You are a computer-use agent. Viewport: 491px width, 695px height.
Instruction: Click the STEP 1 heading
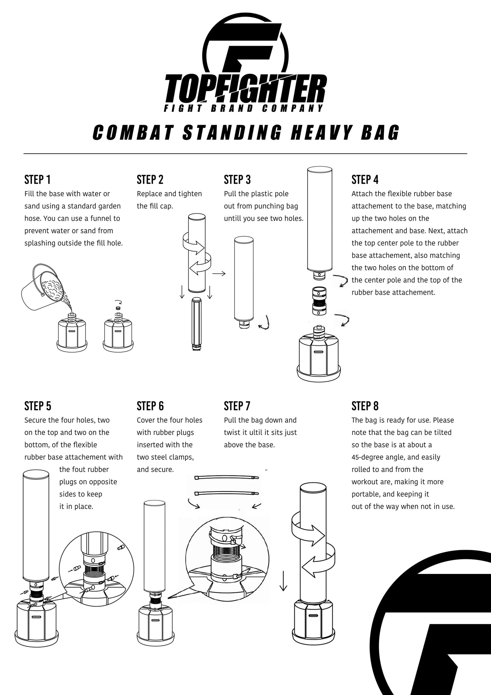(37, 179)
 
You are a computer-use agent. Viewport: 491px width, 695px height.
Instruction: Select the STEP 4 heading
(365, 179)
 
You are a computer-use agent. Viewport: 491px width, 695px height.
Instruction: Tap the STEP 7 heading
(237, 406)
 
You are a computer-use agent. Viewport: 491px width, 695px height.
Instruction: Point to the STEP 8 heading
(365, 406)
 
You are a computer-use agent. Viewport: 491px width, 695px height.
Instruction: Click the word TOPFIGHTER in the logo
(245, 90)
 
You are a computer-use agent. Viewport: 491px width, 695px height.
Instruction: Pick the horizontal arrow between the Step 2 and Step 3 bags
(219, 273)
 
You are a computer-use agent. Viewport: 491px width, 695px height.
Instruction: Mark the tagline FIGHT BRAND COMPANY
(243, 108)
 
